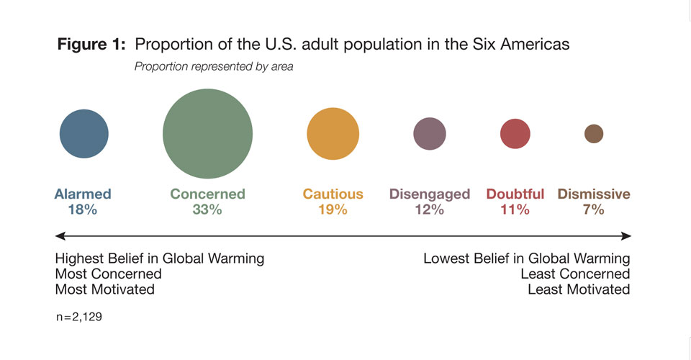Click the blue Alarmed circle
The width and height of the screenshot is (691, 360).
(x=84, y=134)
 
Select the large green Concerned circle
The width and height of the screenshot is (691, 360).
(x=207, y=134)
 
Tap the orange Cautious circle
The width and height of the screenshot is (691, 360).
(x=333, y=134)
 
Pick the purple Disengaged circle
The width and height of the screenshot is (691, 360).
(x=430, y=134)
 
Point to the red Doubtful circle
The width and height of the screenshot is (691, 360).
(x=515, y=134)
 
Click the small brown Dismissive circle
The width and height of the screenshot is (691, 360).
(x=594, y=134)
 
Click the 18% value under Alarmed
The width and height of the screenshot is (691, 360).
(x=83, y=210)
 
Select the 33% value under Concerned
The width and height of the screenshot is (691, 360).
(x=207, y=210)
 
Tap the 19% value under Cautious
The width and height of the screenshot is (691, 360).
(x=333, y=210)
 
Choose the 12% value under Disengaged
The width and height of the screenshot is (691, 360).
(x=430, y=210)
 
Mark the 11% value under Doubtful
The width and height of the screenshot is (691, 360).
(x=515, y=210)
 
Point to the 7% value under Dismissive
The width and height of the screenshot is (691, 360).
(x=594, y=210)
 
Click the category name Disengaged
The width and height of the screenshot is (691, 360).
(x=430, y=194)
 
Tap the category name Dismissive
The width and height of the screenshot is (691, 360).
(x=594, y=194)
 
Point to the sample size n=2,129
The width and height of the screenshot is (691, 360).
(x=78, y=316)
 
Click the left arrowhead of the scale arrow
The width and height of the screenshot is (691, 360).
(x=60, y=235)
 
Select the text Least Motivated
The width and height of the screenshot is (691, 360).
(x=579, y=289)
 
